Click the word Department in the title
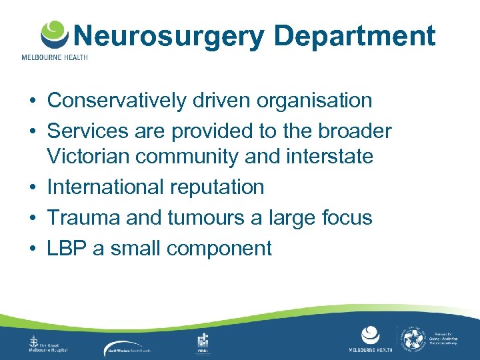coord(355,36)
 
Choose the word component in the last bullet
coord(219,248)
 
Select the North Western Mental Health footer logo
coord(137,347)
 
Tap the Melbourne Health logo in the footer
coord(369,339)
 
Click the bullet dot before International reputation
coord(32,187)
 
